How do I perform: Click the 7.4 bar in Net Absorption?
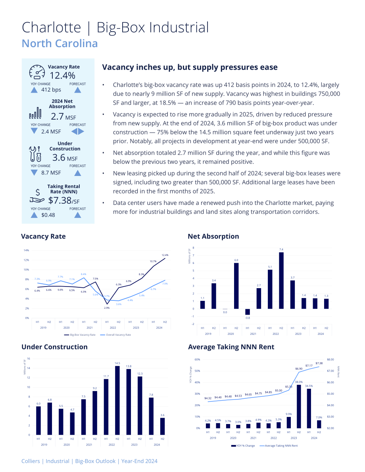[x=281, y=281]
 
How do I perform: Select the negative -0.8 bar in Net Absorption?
[x=248, y=312]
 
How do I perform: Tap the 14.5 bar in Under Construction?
[x=117, y=400]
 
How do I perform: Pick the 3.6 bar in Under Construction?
[x=162, y=426]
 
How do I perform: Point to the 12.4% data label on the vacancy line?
[x=165, y=255]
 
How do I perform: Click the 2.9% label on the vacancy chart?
[x=107, y=308]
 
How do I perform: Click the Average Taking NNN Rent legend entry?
[x=279, y=446]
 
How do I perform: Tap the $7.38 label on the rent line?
[x=319, y=363]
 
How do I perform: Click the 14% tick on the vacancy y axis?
[x=27, y=250]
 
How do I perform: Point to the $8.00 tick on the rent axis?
[x=330, y=359]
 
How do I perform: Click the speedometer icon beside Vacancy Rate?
[x=37, y=72]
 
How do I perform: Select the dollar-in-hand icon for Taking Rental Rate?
[x=37, y=196]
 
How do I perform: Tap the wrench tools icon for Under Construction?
[x=35, y=154]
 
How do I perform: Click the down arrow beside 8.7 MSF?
[x=35, y=172]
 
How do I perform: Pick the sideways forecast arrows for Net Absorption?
[x=78, y=131]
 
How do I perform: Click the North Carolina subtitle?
[x=60, y=44]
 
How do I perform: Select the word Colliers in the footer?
[x=31, y=461]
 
